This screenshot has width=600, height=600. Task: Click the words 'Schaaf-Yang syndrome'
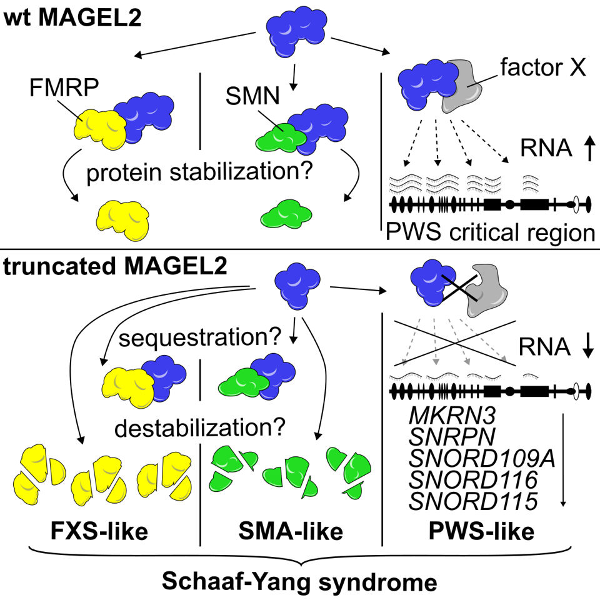[299, 581]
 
